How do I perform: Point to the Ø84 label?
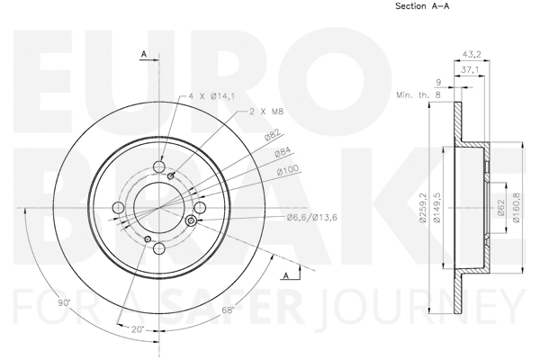282,152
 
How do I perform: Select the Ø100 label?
287,170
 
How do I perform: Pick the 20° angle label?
137,329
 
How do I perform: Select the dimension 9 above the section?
439,80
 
